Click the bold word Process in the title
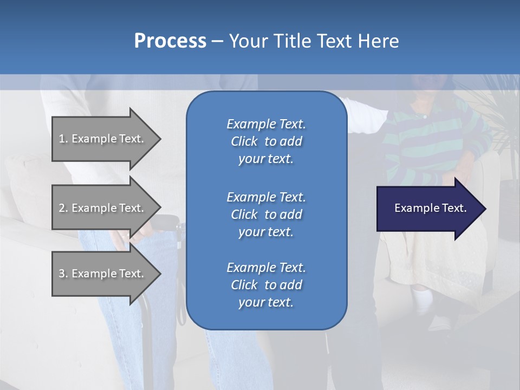[x=170, y=41]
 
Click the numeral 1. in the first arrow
[x=63, y=139]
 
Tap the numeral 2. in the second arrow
[x=63, y=208]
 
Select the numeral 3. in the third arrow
[x=63, y=274]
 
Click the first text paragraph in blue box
[x=266, y=141]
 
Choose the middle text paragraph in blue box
[x=266, y=214]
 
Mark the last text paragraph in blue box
[x=266, y=285]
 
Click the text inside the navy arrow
[x=431, y=208]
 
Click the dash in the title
[x=217, y=41]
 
